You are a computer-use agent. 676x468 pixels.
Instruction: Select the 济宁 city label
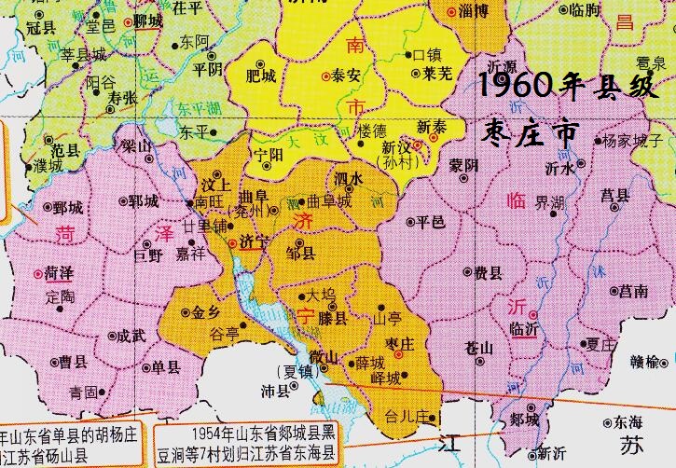click(254, 240)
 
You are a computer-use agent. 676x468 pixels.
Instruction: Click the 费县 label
click(489, 273)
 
